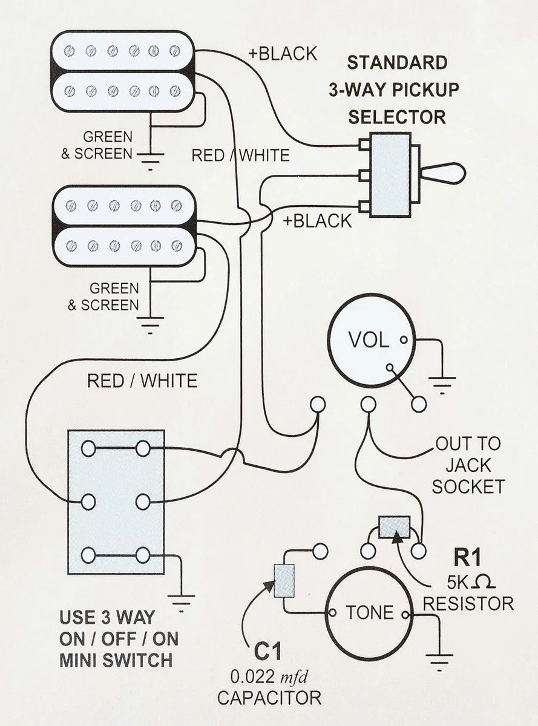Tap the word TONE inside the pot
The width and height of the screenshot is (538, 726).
[370, 612]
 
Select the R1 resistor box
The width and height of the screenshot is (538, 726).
[394, 527]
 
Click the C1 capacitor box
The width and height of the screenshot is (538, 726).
[284, 581]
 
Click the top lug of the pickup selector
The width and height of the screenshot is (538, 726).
[364, 145]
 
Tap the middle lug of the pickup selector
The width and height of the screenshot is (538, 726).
[364, 176]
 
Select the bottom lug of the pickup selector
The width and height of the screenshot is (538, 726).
[364, 207]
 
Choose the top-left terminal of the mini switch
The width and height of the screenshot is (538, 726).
[88, 448]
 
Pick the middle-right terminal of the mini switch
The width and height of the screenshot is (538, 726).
[143, 502]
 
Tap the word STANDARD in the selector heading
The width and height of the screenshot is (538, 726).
[397, 63]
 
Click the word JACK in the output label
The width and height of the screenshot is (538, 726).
[468, 465]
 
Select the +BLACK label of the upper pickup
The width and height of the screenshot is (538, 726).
[283, 54]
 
